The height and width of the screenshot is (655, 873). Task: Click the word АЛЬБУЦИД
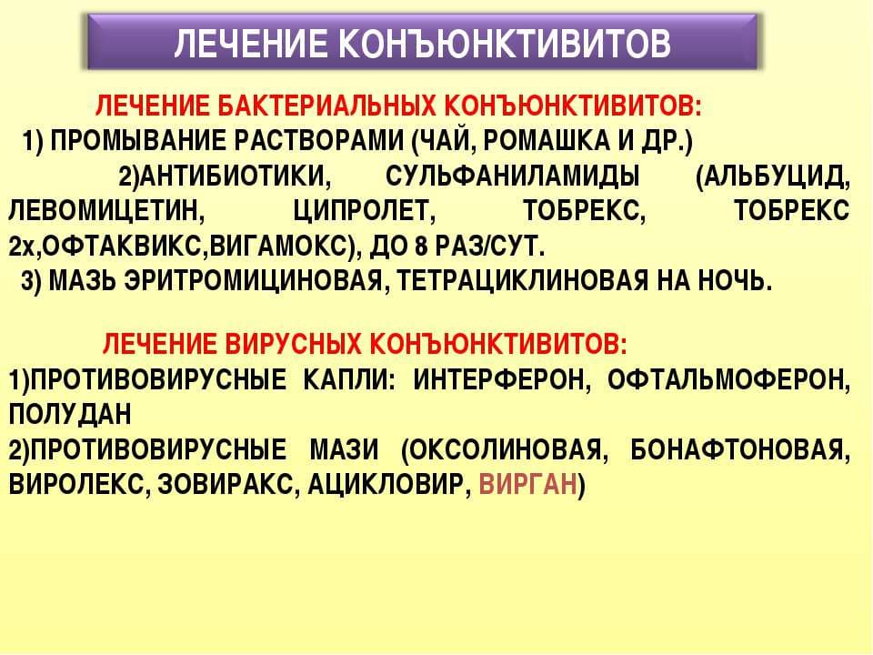coord(778,177)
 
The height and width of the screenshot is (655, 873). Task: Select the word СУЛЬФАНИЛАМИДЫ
coord(512,177)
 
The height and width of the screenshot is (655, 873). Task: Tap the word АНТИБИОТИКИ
coord(235,177)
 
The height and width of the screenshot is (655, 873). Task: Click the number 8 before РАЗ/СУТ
coord(421,247)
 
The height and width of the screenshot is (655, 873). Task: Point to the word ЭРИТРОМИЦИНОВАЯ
coord(254,282)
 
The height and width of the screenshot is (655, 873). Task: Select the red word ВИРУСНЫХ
coord(294,344)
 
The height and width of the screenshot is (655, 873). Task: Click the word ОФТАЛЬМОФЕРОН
coord(728,380)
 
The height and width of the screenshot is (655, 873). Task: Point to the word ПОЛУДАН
coord(70,415)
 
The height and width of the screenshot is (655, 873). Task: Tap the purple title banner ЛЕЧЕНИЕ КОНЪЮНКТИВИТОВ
coord(423,43)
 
